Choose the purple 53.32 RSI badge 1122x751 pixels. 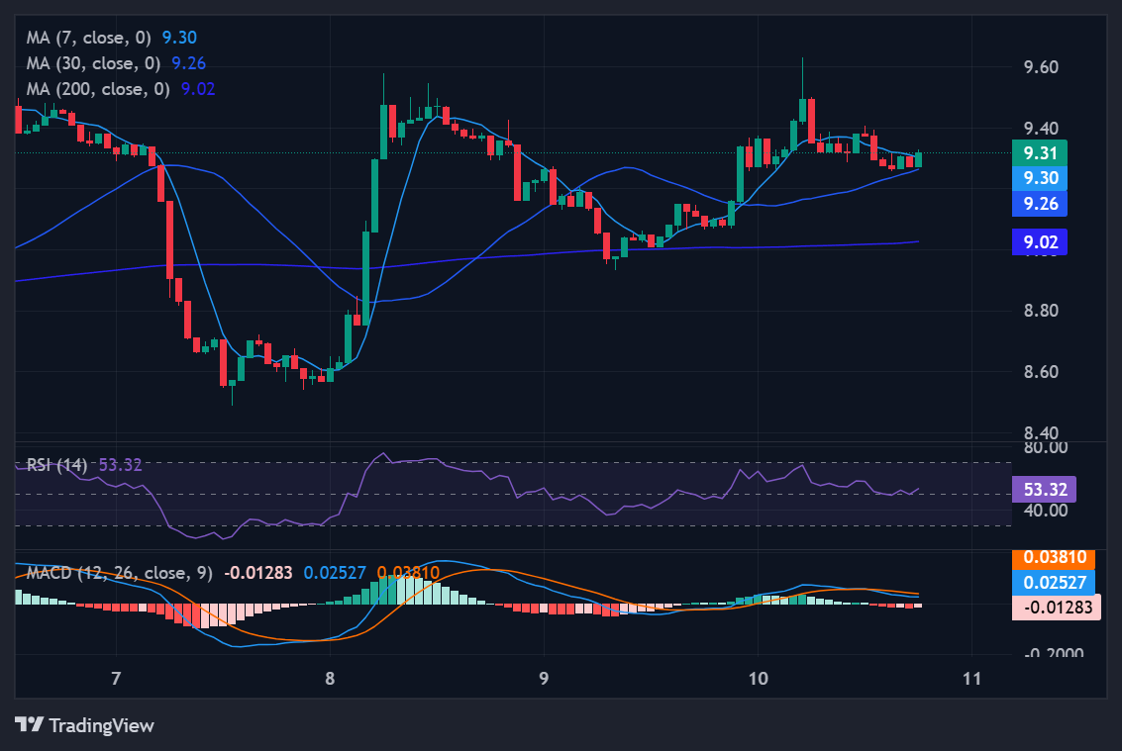coord(1044,489)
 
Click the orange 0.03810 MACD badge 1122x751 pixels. coord(1053,558)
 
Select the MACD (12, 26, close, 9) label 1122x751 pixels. coord(120,573)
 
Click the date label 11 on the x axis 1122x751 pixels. coord(971,678)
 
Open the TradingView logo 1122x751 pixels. coord(85,725)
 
